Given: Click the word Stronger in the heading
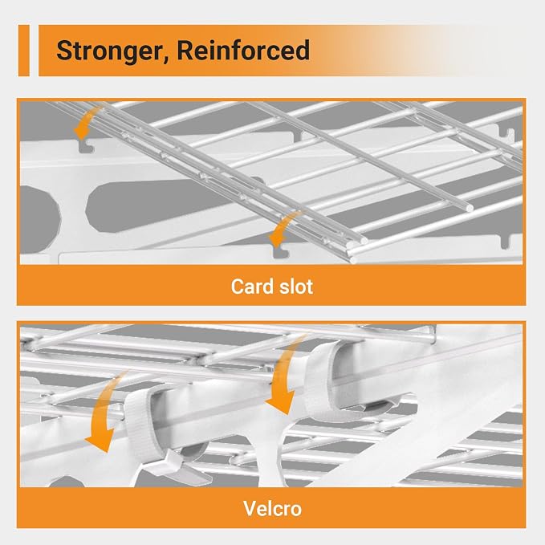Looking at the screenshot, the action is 110,51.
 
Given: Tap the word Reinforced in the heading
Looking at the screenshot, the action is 243,50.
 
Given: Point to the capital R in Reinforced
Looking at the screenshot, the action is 185,51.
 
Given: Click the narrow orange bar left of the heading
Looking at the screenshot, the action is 23,51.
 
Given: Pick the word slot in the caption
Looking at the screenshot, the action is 295,287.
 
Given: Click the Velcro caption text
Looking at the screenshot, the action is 273,509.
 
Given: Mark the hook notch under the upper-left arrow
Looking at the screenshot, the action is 86,146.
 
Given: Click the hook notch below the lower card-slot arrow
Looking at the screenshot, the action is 280,253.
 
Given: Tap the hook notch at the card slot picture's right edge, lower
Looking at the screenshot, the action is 506,242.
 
